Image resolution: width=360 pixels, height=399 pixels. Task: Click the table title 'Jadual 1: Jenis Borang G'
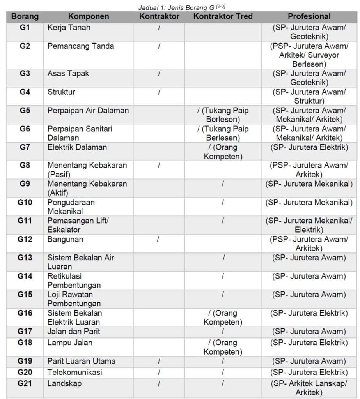click(x=181, y=7)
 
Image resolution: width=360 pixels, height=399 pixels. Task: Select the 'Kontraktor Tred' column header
click(x=223, y=17)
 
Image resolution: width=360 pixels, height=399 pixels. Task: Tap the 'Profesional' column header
click(x=309, y=17)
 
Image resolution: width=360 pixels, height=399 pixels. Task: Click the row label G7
click(x=25, y=147)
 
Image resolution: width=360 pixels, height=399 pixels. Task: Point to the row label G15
click(x=25, y=295)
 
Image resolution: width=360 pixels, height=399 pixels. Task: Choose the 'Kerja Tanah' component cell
click(x=69, y=28)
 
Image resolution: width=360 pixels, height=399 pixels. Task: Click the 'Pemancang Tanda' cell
click(x=81, y=46)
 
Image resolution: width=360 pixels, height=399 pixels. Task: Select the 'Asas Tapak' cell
click(x=68, y=73)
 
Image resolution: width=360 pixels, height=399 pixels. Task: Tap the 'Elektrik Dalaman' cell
click(x=77, y=147)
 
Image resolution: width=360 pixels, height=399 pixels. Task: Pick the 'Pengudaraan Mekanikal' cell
click(x=71, y=207)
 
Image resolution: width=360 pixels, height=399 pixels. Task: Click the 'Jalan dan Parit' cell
click(x=74, y=332)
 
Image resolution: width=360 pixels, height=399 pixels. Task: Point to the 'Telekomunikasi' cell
click(x=75, y=372)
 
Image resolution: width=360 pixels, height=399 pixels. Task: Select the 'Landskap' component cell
click(x=64, y=383)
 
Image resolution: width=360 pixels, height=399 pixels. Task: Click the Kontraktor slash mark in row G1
click(x=159, y=28)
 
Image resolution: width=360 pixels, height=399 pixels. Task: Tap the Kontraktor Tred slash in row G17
click(x=223, y=332)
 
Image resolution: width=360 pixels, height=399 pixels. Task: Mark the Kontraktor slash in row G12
click(x=158, y=239)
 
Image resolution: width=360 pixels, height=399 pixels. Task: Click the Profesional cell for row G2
click(x=309, y=55)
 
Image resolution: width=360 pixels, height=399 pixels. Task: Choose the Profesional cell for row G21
click(x=309, y=388)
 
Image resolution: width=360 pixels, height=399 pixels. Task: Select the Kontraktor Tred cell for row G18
click(x=223, y=347)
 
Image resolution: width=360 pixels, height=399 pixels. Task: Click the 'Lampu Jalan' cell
click(x=70, y=343)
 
